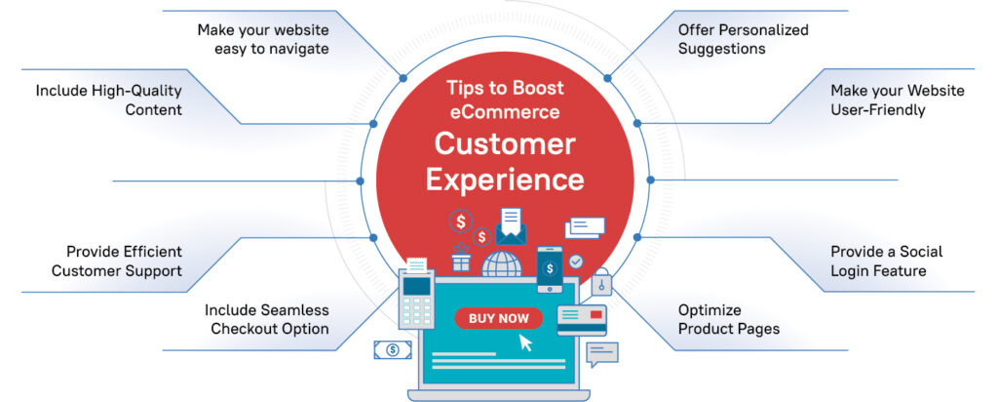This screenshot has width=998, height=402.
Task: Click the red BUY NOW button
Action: (498, 318)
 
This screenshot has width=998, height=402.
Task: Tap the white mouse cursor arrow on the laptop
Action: (527, 342)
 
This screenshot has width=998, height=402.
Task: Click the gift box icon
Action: (461, 261)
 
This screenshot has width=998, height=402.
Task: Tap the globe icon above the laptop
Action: (503, 264)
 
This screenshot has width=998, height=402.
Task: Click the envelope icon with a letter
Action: (512, 226)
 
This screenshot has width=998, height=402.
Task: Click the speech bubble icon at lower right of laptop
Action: (602, 354)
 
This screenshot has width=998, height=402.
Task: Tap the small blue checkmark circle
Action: (577, 261)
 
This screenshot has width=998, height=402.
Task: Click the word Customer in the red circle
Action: (505, 143)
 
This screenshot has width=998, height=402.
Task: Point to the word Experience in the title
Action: (505, 181)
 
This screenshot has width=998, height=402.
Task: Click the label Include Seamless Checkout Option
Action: (266, 319)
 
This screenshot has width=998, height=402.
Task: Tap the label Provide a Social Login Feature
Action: (886, 261)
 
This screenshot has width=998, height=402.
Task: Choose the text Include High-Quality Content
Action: (108, 100)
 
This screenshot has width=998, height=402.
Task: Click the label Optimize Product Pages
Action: (728, 319)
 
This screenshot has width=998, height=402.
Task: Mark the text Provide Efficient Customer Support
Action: (116, 261)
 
